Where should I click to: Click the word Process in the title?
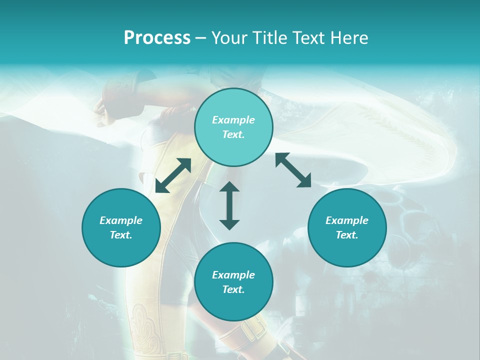(157, 38)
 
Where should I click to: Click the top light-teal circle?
(233, 127)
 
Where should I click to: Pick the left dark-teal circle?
(121, 227)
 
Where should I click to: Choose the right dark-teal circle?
(347, 227)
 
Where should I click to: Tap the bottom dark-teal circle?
(233, 282)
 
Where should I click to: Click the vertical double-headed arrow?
(229, 205)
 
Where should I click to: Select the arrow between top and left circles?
(173, 175)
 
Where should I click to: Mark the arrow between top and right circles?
(293, 170)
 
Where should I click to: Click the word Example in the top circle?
(233, 120)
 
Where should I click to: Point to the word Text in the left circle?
(121, 235)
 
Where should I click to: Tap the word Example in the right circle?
(347, 220)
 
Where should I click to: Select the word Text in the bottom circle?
(233, 289)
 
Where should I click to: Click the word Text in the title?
(310, 38)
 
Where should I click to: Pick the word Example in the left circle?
(121, 220)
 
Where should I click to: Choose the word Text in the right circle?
(347, 235)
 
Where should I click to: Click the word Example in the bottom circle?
(233, 275)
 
